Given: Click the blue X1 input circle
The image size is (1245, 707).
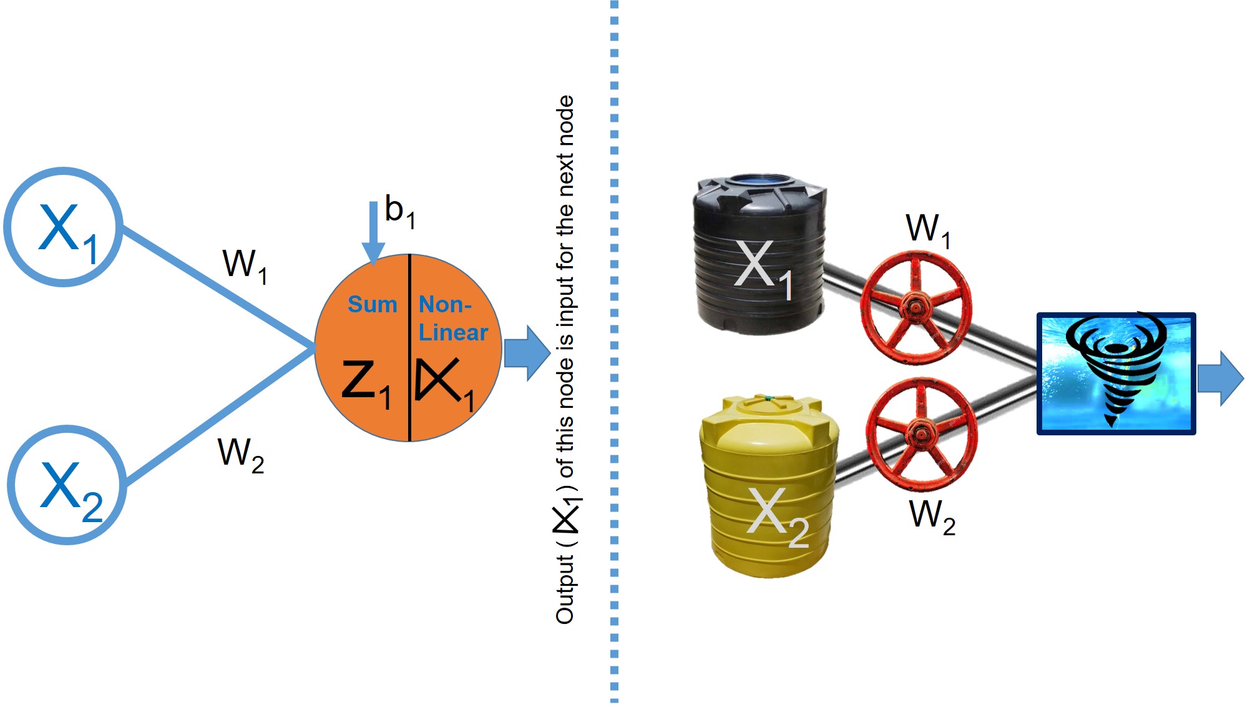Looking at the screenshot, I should (63, 227).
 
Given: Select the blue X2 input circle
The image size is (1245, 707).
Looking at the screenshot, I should (67, 485).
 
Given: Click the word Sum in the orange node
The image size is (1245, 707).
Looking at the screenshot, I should (372, 304).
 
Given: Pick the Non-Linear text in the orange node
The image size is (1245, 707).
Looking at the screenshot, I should (452, 319).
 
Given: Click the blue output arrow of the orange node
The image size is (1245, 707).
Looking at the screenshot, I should (526, 353).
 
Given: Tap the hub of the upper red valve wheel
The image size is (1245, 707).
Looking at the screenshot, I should (915, 307).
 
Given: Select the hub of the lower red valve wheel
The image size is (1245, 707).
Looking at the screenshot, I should (920, 431).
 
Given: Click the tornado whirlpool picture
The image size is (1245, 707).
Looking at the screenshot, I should (1116, 373).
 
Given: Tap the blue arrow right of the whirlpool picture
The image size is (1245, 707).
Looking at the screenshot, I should (1220, 378).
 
